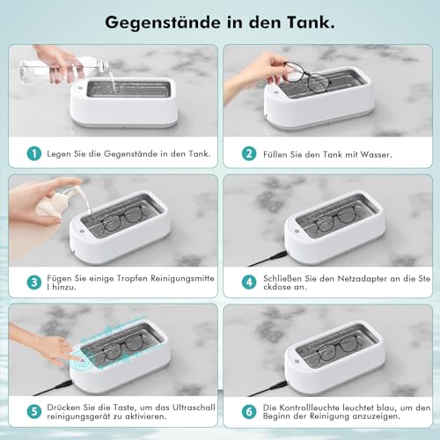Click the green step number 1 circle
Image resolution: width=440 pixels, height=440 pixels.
(x=33, y=153)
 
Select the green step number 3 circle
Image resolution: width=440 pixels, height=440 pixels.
(x=33, y=282)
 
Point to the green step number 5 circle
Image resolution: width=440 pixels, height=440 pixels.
(x=33, y=412)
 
